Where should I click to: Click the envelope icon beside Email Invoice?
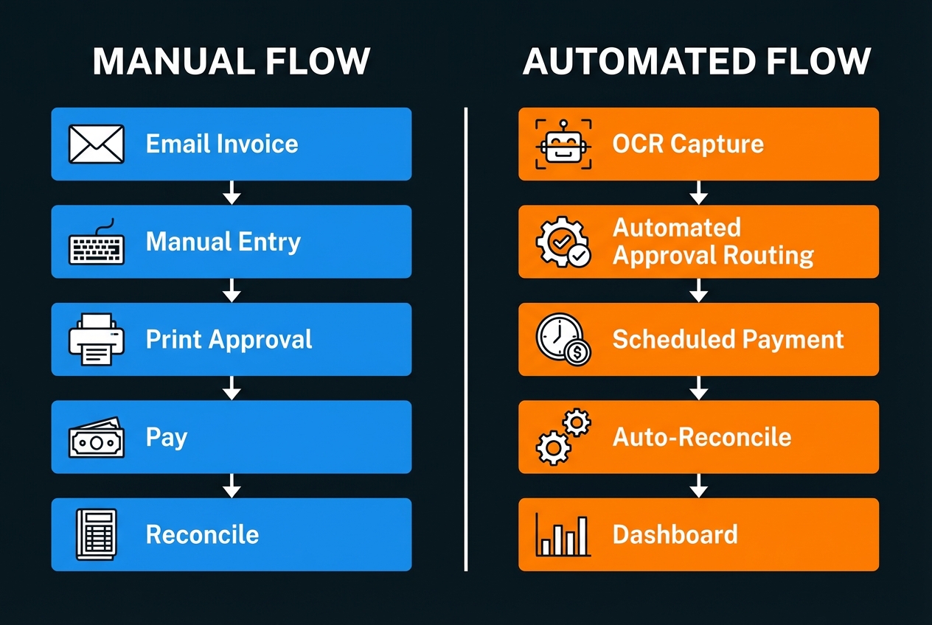tap(96, 144)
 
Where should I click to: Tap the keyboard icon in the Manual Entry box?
tap(96, 243)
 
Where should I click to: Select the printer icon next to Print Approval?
tap(96, 340)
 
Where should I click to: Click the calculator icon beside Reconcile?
tap(96, 534)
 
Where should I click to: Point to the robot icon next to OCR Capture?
tap(563, 144)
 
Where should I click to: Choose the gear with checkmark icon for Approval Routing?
tap(563, 242)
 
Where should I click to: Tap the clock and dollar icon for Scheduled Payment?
tap(563, 340)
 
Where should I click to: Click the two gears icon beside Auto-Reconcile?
tap(563, 437)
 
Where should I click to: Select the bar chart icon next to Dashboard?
tap(563, 534)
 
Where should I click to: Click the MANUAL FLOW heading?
tap(232, 61)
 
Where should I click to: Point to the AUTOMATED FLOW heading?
tap(697, 61)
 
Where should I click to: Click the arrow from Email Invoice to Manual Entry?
tap(232, 193)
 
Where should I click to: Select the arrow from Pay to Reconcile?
tap(232, 486)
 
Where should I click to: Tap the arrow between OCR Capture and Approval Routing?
tap(698, 193)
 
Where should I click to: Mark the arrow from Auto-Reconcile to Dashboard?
tap(698, 486)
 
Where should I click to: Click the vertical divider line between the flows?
tap(466, 339)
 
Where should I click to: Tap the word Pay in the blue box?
tap(167, 438)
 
